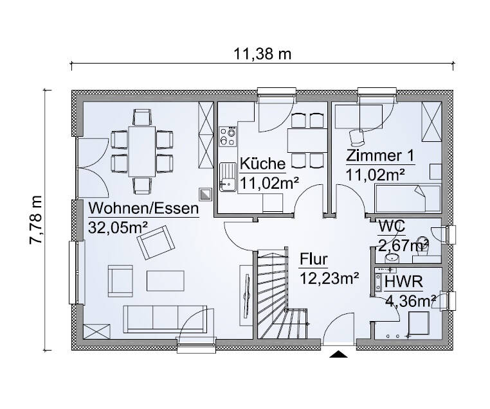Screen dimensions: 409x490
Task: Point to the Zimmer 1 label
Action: (x=379, y=156)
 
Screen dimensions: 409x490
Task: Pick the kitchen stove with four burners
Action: (x=227, y=136)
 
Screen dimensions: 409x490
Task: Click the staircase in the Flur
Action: (x=283, y=295)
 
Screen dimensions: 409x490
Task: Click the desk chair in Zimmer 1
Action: (x=356, y=135)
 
